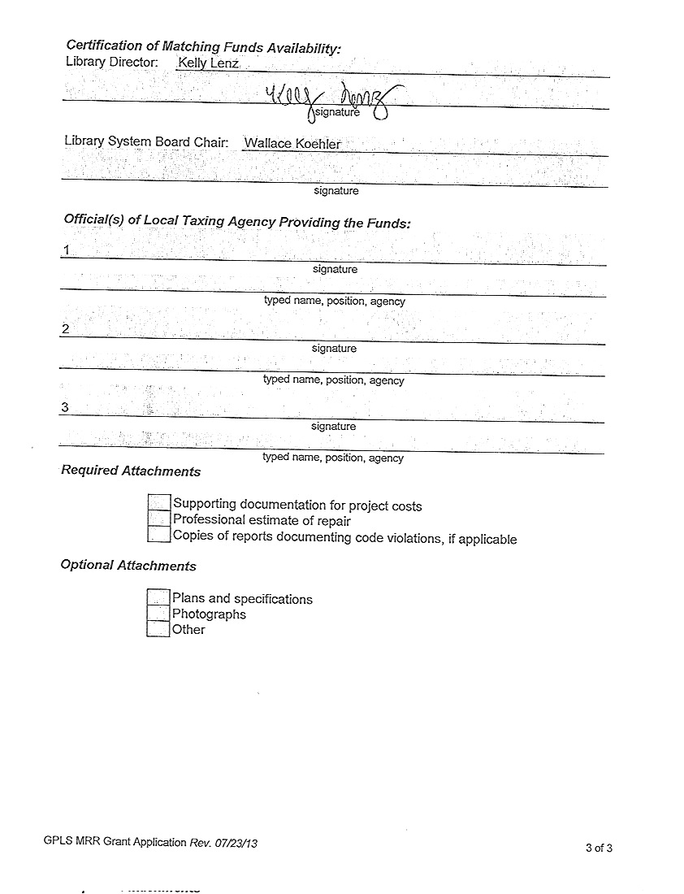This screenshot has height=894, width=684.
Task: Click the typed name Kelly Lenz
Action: [x=208, y=63]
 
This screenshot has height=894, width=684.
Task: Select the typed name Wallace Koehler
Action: [x=292, y=144]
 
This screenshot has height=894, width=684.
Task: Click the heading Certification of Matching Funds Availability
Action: [x=203, y=47]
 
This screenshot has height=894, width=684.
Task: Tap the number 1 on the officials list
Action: [x=66, y=250]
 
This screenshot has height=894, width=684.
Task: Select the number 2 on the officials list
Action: [x=65, y=329]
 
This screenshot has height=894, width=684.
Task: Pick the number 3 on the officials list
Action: [x=64, y=407]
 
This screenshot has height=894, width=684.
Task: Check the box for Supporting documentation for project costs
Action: [x=159, y=504]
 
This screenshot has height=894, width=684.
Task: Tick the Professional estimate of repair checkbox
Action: [x=159, y=519]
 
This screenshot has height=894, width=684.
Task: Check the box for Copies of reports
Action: [x=159, y=535]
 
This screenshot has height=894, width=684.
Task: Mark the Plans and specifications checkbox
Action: [x=158, y=597]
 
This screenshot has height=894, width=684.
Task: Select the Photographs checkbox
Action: [x=158, y=614]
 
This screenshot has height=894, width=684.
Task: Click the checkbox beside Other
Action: [x=158, y=629]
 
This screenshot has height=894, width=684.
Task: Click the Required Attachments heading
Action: [x=131, y=471]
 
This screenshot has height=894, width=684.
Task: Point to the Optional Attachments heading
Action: [x=128, y=566]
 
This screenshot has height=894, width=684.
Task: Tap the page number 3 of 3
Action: [x=599, y=848]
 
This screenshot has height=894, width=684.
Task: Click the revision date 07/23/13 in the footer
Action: [x=236, y=843]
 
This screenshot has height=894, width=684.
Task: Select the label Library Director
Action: [x=111, y=62]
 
